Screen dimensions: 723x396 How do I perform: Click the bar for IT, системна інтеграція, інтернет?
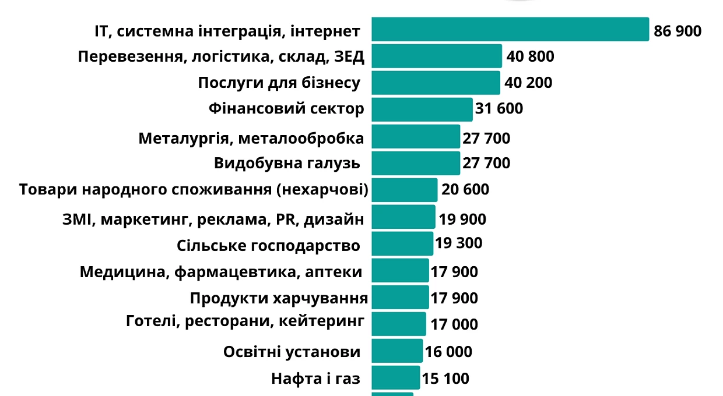coord(510,29)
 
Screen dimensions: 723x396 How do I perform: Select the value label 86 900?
coord(677,31)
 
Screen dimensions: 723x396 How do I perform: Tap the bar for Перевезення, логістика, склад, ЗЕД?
coord(437,56)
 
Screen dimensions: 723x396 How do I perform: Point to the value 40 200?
coord(528,83)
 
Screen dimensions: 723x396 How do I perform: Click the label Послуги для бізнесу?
coord(279,83)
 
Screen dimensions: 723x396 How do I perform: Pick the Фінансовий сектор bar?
coord(422,109)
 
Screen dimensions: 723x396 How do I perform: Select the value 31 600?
coord(499,108)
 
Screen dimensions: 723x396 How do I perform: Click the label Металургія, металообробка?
coord(251,139)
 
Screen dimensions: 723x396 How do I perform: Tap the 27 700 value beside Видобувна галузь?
coord(486,163)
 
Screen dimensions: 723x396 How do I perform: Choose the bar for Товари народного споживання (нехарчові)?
coord(405,190)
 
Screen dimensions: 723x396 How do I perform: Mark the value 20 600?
coord(465,189)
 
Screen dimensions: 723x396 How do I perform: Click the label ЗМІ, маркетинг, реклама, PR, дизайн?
coord(213,220)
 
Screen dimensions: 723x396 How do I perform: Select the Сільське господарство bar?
coord(402,243)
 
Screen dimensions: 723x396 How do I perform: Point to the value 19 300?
coord(459,243)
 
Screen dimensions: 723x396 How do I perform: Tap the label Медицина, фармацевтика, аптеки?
coord(221,272)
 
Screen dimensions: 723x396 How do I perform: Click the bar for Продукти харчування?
coord(400,297)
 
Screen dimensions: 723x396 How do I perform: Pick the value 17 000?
coord(454,324)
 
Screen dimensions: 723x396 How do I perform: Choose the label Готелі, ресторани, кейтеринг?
coord(245,321)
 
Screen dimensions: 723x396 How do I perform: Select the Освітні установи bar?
coord(397,351)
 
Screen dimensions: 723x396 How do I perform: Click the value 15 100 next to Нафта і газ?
coord(445,379)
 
